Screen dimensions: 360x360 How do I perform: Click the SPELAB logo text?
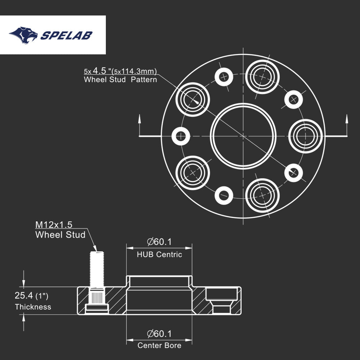(66, 35)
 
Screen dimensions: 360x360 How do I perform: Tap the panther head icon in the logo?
(24, 35)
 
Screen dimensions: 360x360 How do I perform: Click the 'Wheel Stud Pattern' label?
(120, 80)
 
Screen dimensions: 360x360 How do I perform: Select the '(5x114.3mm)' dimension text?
(134, 71)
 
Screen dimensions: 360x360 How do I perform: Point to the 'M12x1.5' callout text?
(54, 225)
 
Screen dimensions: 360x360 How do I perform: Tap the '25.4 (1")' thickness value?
(31, 296)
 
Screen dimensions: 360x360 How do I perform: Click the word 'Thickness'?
(33, 307)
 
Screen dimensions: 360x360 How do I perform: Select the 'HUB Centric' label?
(159, 255)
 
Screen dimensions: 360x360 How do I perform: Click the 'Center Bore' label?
(159, 346)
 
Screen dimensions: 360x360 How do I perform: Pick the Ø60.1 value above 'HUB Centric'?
(159, 242)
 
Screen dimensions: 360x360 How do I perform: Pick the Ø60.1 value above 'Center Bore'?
(159, 334)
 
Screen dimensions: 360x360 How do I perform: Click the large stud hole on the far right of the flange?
(305, 136)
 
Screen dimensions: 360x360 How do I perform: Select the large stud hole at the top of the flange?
(263, 76)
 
